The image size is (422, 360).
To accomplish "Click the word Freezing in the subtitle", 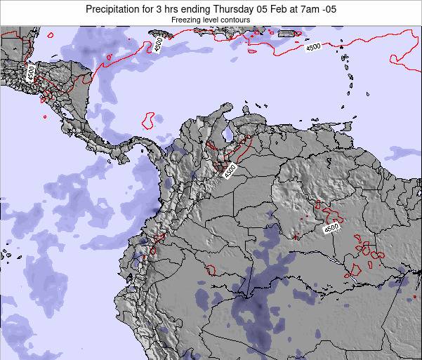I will point(169,20).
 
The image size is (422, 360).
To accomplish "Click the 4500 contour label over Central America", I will point(32,72).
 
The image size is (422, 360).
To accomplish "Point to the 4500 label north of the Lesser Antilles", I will point(312,47).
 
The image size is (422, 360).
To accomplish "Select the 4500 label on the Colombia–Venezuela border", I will point(231,171).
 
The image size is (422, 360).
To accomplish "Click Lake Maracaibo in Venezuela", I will point(227,133).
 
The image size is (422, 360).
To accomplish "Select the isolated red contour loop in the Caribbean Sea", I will point(148,121).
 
